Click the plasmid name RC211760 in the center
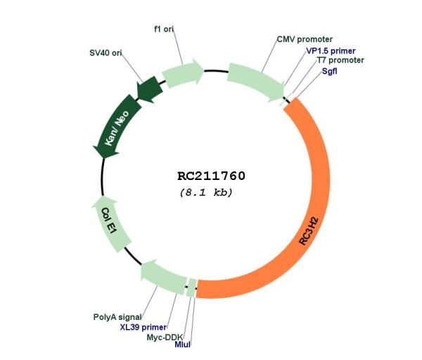211,176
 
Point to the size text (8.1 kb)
206,193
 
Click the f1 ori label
164,29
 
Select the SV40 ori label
105,53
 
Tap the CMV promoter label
305,39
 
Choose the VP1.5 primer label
331,51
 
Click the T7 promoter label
340,60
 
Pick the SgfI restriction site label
329,71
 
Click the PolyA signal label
117,317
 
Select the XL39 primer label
143,327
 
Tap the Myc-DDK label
165,337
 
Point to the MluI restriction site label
182,344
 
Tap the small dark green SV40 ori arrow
150,89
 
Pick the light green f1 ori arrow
181,73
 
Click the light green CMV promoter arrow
256,82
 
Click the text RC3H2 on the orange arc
309,231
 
